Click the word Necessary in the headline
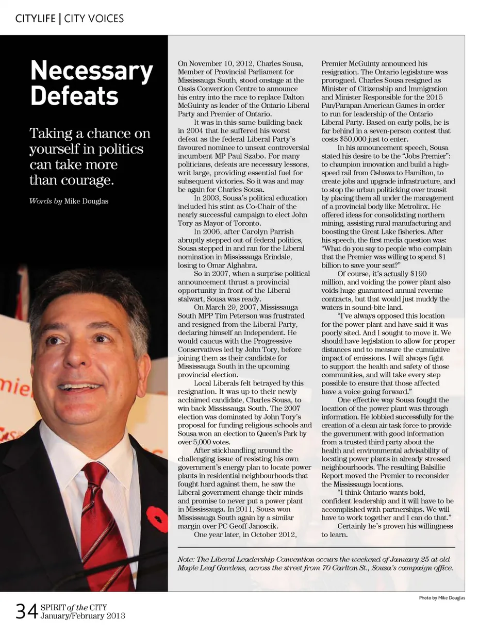point(91,72)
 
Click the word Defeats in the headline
point(74,96)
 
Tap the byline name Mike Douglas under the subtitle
point(86,201)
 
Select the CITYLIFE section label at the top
point(36,19)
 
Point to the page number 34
point(26,612)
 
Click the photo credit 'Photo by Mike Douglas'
point(441,598)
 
